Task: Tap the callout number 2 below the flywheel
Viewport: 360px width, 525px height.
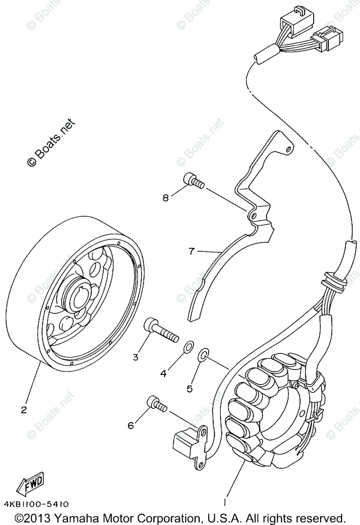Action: tap(24, 410)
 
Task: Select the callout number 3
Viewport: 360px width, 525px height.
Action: tap(136, 357)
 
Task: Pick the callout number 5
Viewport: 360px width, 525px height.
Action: tap(189, 388)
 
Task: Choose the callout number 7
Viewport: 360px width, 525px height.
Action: tap(191, 251)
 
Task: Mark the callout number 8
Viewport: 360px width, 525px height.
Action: tap(165, 198)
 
